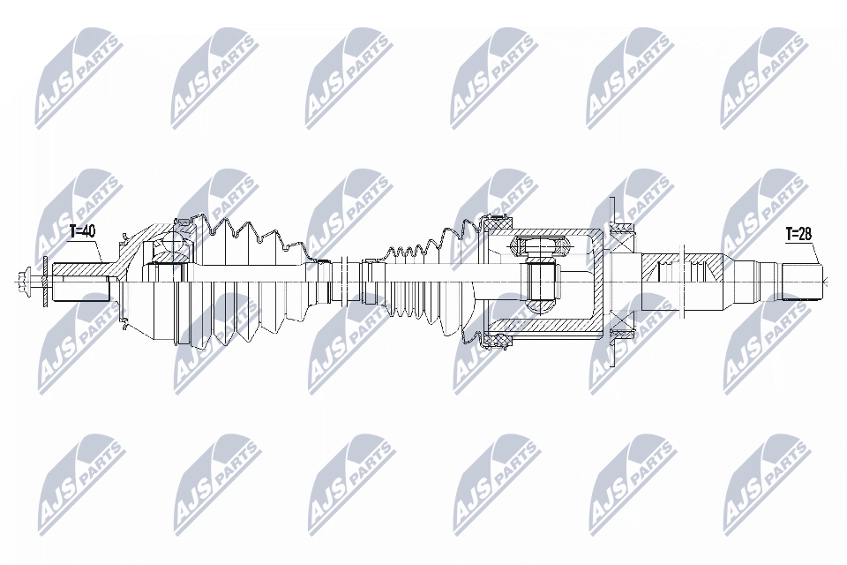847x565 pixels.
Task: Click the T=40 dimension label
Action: point(82,231)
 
